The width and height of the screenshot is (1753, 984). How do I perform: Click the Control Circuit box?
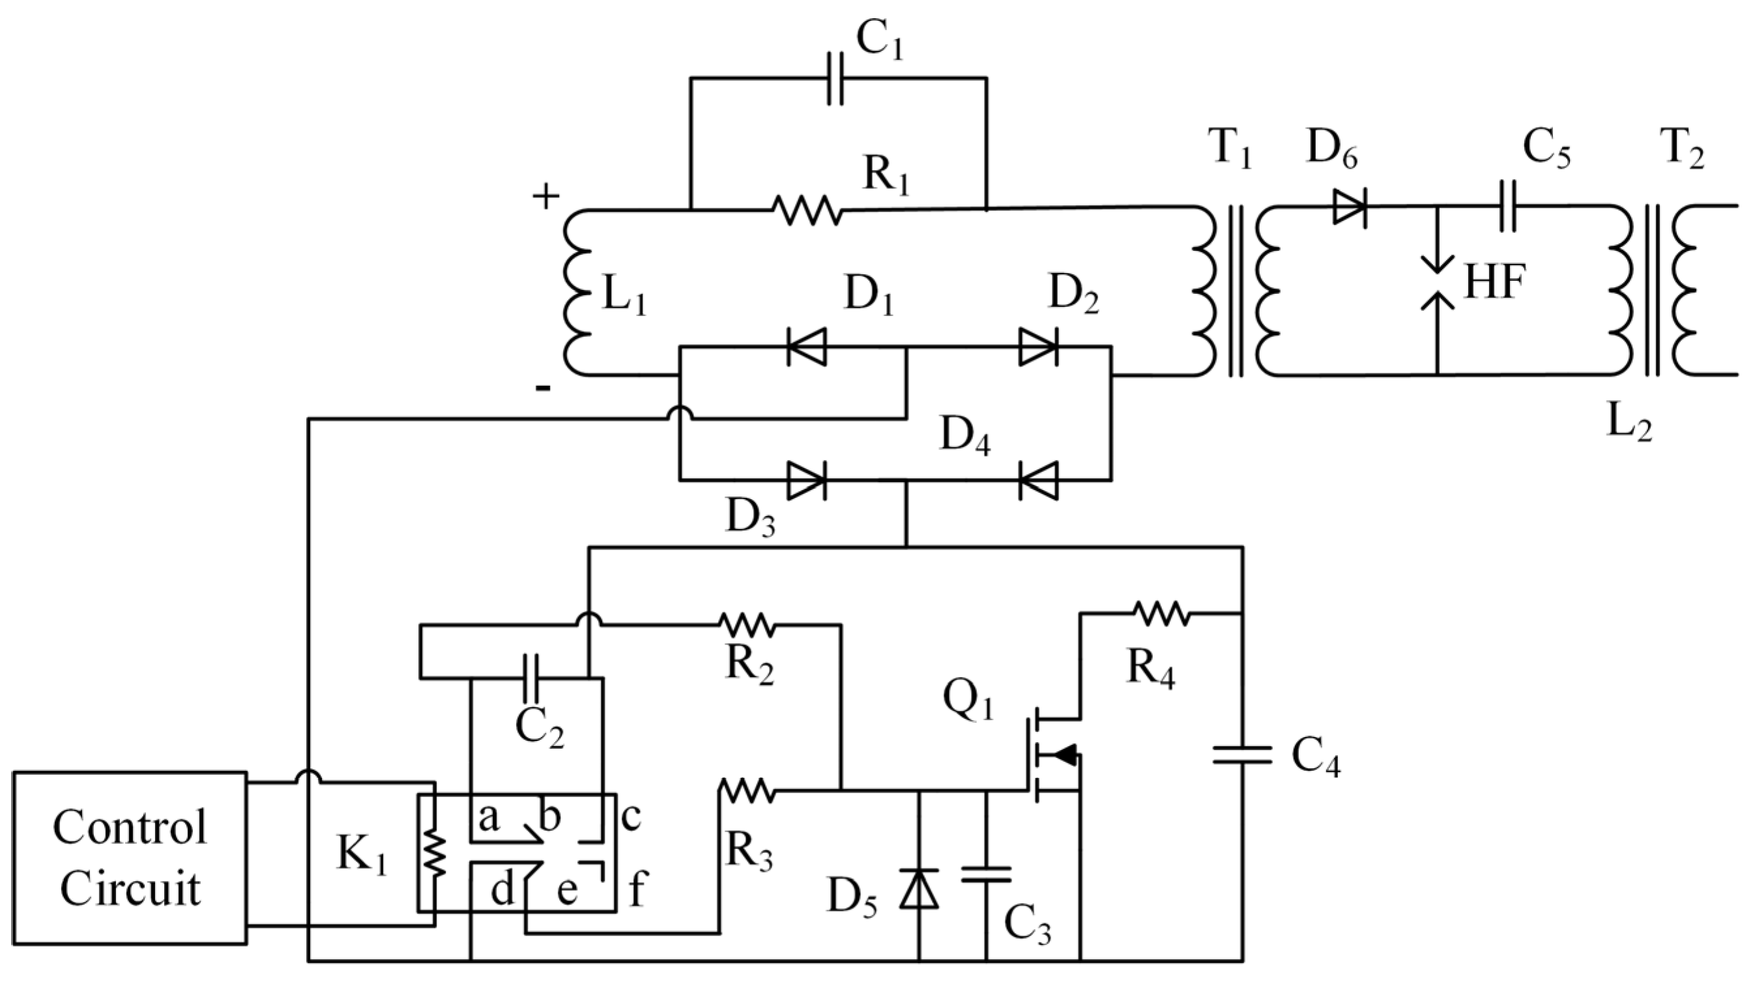coord(129,858)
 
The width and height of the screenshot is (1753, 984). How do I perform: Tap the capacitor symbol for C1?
coord(835,79)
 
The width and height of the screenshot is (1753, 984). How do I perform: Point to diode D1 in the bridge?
coord(807,347)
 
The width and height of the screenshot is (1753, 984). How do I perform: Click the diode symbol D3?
coord(807,480)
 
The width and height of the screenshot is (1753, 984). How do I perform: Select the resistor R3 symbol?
coord(747,790)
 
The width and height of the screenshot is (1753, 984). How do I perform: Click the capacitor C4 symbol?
coord(1243,755)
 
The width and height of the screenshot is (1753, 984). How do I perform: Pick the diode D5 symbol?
coord(919,889)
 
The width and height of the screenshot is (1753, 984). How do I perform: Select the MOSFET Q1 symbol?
coord(1051,755)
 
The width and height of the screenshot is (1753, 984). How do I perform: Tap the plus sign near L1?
coord(545,197)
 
